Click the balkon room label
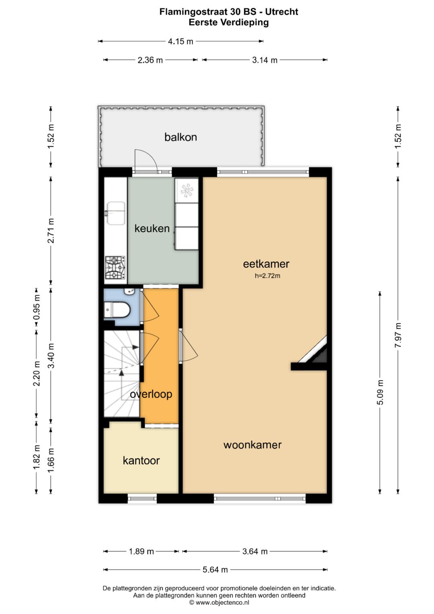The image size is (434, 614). point(180,137)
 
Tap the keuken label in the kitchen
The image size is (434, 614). point(152,228)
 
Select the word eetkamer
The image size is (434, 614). point(266,264)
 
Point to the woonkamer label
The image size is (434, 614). point(252,445)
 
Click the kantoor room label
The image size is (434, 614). point(141,460)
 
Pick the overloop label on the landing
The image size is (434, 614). point(151,394)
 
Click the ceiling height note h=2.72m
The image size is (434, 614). point(267,276)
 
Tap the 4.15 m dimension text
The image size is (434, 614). point(180,41)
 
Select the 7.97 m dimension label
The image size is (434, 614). point(398,335)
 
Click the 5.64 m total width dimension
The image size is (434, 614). point(215,570)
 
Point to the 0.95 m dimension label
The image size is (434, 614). point(37,307)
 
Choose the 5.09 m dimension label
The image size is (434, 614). point(380,392)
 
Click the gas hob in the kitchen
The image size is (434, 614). point(115,267)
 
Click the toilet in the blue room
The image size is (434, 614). point(117,310)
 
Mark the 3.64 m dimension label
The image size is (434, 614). point(255,551)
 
